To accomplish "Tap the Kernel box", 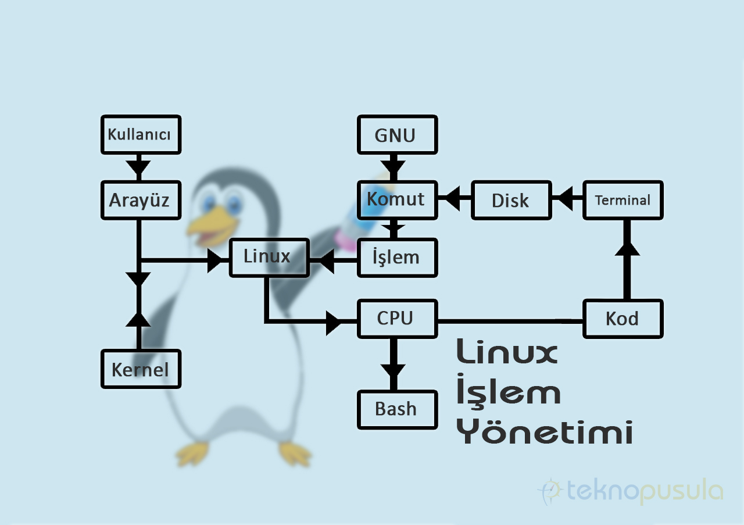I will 141,369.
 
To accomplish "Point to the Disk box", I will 511,199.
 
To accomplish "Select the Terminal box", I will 623,199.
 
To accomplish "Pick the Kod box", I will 623,319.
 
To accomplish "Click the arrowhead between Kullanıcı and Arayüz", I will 139,167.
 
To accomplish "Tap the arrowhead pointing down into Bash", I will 394,370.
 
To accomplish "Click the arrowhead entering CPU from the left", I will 334,322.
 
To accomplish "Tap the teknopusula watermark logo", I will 631,492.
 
